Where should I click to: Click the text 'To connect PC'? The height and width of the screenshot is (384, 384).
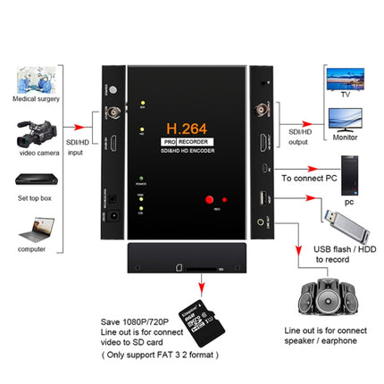click(x=312, y=178)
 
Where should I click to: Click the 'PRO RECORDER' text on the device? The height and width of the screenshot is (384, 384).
click(x=185, y=143)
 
